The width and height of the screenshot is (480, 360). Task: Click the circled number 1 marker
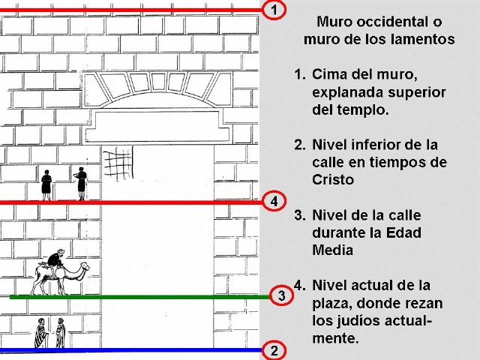click(x=274, y=10)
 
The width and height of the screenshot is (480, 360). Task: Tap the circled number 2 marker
click(x=274, y=350)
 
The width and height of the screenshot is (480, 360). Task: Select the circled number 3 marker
click(x=282, y=295)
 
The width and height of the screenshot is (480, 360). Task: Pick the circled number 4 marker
click(x=274, y=202)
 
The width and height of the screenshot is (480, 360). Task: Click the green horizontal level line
click(x=140, y=297)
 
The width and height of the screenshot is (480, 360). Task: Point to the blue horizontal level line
click(x=131, y=350)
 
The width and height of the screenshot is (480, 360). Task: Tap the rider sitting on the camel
click(x=56, y=259)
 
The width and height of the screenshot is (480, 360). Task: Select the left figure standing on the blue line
click(x=40, y=333)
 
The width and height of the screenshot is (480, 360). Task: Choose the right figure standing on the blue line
click(x=60, y=333)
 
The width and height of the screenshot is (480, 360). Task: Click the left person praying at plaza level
click(x=46, y=185)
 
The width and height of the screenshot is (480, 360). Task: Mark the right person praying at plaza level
click(x=81, y=184)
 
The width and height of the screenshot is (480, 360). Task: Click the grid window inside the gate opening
click(x=118, y=163)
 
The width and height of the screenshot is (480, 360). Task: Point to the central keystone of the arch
click(x=159, y=81)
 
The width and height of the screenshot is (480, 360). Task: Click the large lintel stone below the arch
click(x=157, y=127)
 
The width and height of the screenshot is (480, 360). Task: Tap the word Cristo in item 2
click(x=333, y=179)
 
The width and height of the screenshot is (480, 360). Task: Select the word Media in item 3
click(x=333, y=250)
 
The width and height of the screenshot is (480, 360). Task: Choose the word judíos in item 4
click(x=358, y=321)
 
